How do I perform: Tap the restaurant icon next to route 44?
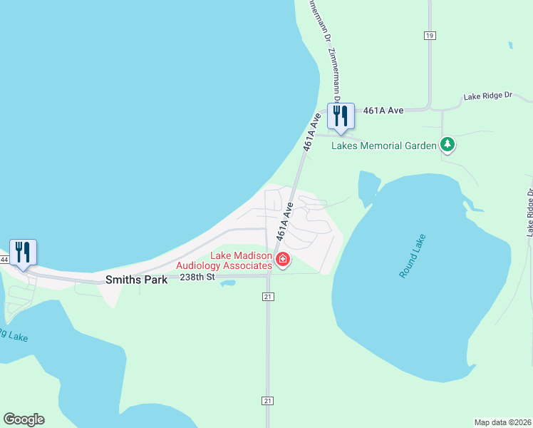[23, 253]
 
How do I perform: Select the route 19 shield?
[429, 35]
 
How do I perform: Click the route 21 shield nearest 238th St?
[268, 296]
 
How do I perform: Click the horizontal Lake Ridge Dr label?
[488, 96]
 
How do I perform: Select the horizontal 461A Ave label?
[383, 111]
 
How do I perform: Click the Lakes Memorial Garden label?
[384, 146]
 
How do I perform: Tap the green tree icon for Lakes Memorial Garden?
[447, 145]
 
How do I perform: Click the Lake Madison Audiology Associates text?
[241, 261]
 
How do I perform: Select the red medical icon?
[283, 259]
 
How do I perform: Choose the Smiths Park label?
[136, 280]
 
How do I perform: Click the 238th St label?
[197, 277]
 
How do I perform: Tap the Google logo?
[24, 419]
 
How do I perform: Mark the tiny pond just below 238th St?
[227, 283]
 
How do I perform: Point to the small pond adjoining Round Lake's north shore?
[367, 187]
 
